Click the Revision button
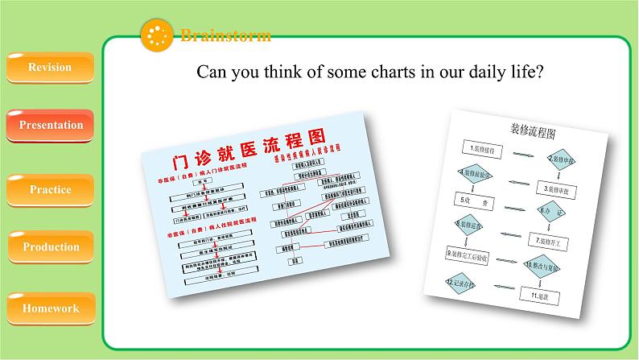[x=50, y=68]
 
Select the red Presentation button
[x=51, y=125]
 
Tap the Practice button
[x=51, y=190]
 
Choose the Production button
[x=51, y=247]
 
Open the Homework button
[x=51, y=308]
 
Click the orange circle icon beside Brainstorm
[x=157, y=35]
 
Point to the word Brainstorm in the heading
[x=225, y=35]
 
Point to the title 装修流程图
[x=534, y=131]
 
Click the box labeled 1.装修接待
[x=482, y=148]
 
